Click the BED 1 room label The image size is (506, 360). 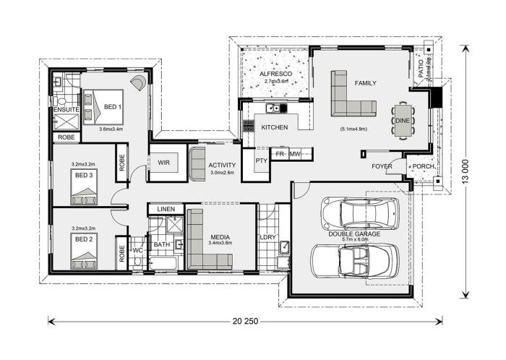[x=113, y=106]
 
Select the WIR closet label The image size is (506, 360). [x=164, y=163]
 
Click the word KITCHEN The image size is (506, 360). [x=275, y=128]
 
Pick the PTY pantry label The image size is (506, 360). [x=262, y=160]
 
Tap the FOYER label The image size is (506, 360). [x=382, y=167]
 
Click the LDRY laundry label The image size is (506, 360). [x=269, y=236]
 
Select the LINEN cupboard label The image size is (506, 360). [x=166, y=210]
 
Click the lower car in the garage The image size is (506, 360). [x=354, y=258]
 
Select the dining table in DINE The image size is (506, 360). [x=403, y=119]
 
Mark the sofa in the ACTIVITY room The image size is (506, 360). [x=197, y=163]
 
